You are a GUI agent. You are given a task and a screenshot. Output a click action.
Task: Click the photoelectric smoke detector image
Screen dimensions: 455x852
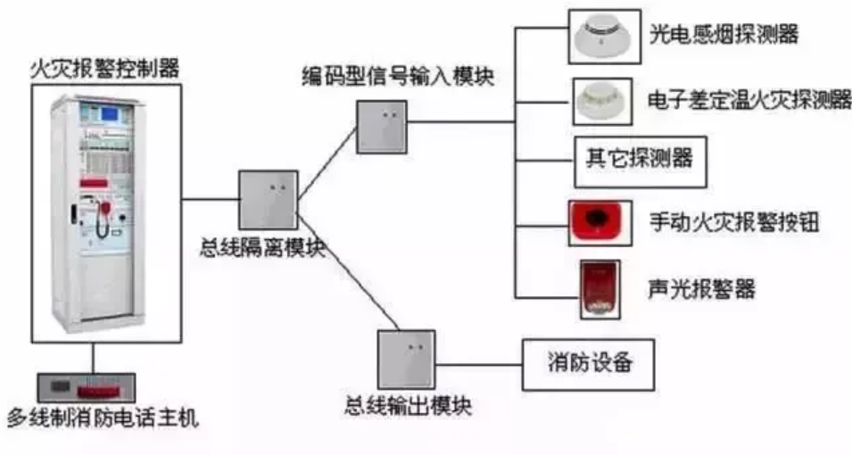click(x=604, y=35)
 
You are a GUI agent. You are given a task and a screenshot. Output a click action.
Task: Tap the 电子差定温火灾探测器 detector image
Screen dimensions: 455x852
click(x=604, y=99)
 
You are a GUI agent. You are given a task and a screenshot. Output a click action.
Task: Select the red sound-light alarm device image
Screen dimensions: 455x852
click(x=597, y=288)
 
